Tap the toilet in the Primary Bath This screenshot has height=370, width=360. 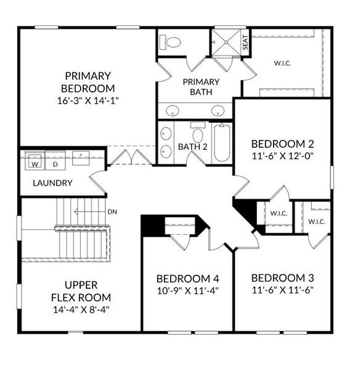171,43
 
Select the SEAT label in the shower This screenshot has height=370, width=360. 245,43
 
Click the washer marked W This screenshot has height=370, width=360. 35,164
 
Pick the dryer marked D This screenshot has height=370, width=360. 54,164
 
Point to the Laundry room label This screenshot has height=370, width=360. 52,183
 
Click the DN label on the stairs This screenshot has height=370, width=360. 112,212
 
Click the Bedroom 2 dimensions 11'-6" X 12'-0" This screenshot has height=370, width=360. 283,155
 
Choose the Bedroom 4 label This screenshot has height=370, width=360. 187,277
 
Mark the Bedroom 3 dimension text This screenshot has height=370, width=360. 283,289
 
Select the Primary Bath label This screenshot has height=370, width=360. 200,86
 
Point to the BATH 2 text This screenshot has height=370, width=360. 192,147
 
